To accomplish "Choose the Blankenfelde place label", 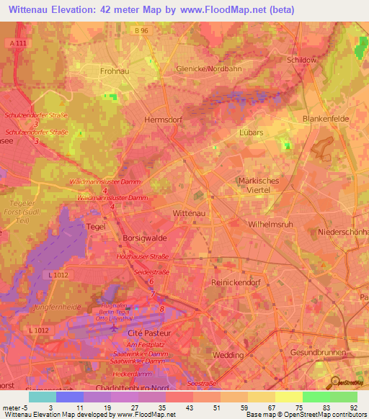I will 326,120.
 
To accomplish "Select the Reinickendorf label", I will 235,283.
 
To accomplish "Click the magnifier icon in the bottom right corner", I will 335,382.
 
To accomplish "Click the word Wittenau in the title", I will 33,9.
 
